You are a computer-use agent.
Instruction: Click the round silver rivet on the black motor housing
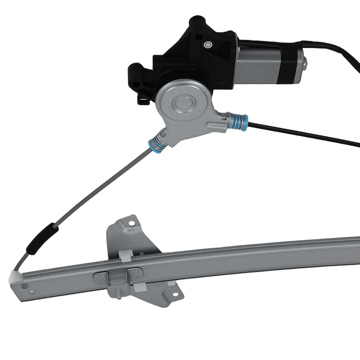click(207, 44)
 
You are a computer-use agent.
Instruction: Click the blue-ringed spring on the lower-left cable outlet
click(157, 144)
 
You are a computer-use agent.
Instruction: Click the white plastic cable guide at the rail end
click(15, 276)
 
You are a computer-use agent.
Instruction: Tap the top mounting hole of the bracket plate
click(131, 224)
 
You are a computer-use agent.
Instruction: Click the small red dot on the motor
click(240, 43)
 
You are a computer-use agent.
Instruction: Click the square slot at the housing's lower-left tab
click(143, 99)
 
